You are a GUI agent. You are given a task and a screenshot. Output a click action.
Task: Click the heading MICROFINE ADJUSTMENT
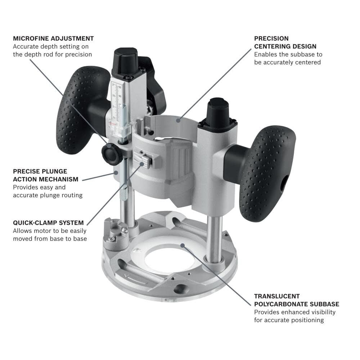tap(53, 39)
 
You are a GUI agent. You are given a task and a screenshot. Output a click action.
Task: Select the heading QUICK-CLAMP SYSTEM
tap(48, 223)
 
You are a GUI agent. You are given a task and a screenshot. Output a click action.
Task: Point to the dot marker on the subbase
tap(183, 246)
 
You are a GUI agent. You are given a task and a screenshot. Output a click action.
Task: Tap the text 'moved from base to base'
tap(50, 238)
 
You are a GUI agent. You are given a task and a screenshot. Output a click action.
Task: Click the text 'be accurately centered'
tap(287, 62)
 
